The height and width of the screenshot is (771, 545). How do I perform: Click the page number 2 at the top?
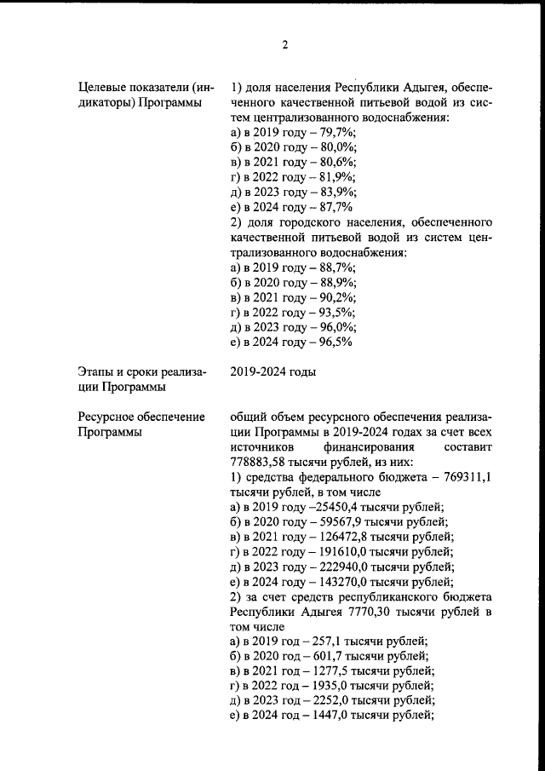click(x=285, y=45)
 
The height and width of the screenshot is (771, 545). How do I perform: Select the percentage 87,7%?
click(x=334, y=207)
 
